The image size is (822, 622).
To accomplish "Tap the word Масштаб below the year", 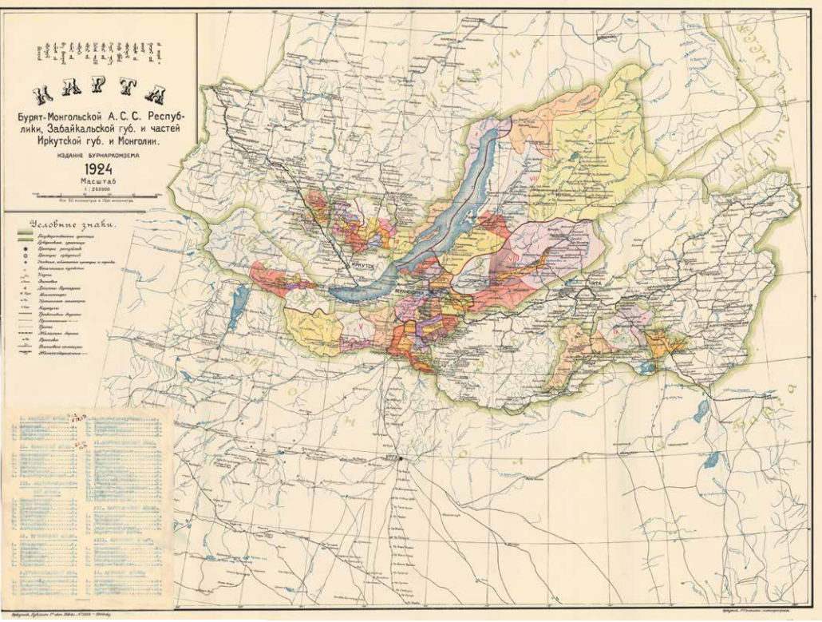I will (x=98, y=182).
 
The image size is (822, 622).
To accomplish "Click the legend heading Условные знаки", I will (x=73, y=225).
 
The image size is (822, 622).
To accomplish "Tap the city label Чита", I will (x=593, y=283).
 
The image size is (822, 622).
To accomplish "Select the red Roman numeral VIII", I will (x=513, y=259).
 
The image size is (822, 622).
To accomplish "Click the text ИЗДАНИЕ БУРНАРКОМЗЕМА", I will (x=99, y=156).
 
